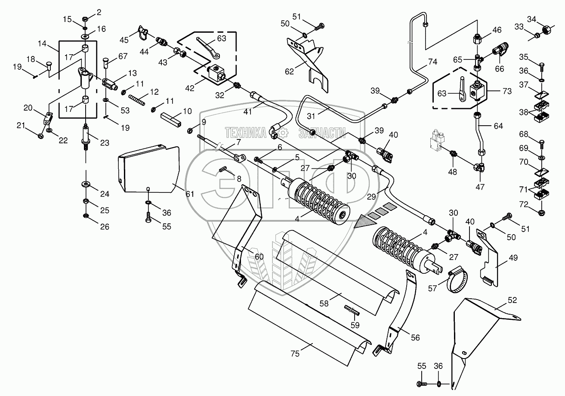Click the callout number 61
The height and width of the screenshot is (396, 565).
190,194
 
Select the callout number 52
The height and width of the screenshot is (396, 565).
512,300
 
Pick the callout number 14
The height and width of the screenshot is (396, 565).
42,43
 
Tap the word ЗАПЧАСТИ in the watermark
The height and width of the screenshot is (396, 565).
322,134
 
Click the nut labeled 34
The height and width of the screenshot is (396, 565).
546,30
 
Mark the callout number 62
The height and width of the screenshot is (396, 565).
289,72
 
